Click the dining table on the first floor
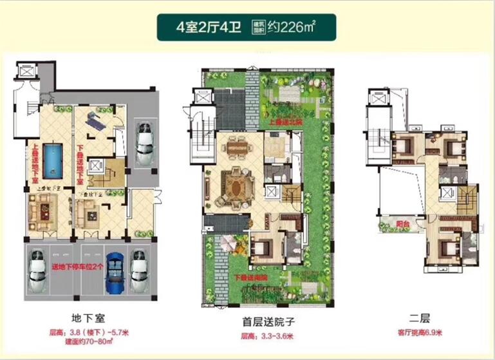click(238, 147)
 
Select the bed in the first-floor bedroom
click(263, 247)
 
